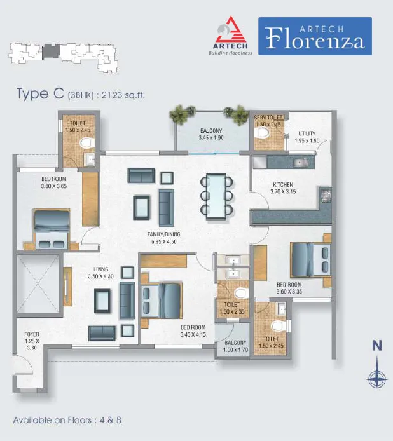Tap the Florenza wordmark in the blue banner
[315, 39]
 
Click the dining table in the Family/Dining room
[216, 196]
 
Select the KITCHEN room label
[283, 184]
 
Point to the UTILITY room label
[307, 133]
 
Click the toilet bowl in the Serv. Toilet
[261, 133]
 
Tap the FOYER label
[32, 334]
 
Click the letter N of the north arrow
[377, 346]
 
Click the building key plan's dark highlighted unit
[51, 52]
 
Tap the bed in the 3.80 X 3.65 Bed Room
[52, 229]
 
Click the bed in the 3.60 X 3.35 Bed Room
[310, 260]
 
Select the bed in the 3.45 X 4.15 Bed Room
[161, 301]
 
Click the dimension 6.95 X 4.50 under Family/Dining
[164, 241]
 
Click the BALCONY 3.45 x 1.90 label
[211, 134]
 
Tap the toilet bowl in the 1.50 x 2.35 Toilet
[241, 294]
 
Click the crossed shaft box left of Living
[38, 284]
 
